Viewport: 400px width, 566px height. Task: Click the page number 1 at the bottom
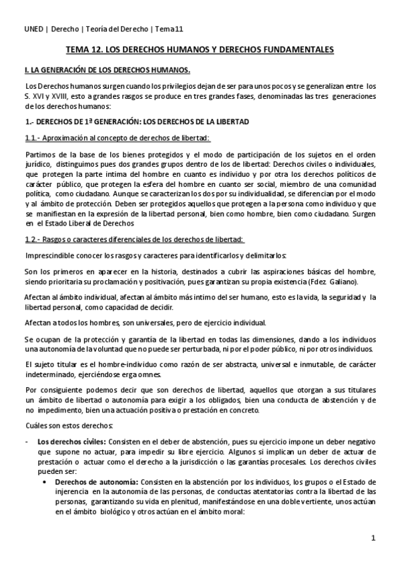(374, 537)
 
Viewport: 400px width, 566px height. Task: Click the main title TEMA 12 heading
(200, 50)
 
